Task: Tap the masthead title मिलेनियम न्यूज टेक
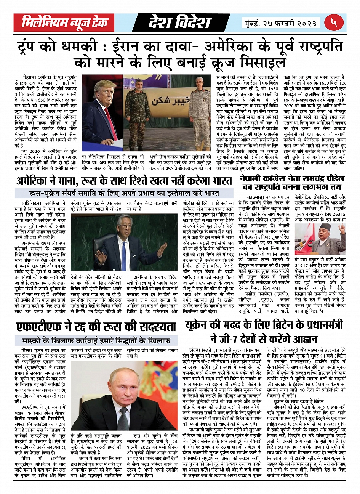[64, 23]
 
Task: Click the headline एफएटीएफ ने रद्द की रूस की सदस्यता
[96, 326]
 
